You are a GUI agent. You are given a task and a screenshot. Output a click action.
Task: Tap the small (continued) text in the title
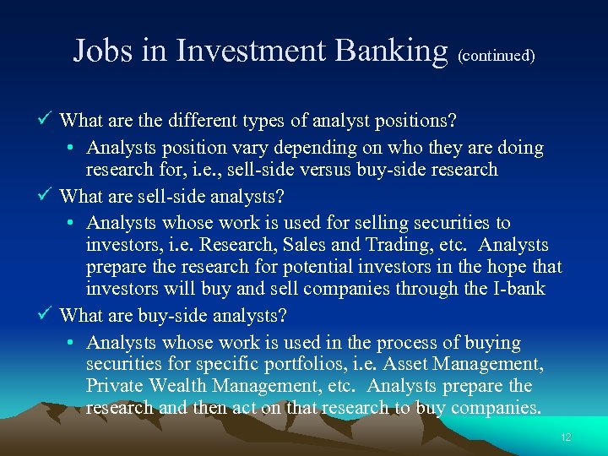coord(496,56)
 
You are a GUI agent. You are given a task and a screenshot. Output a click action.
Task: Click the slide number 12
coord(566,437)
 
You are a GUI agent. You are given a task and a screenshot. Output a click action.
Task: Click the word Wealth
coord(180,387)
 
